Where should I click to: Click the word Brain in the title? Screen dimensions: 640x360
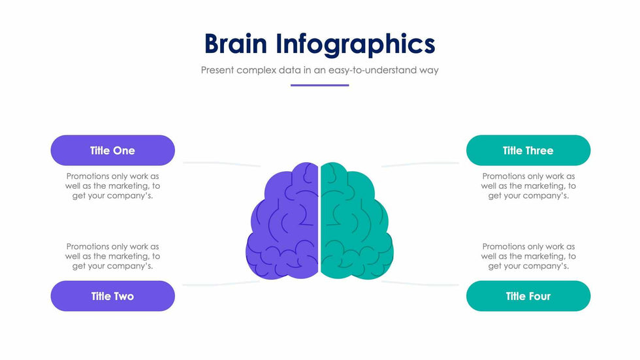click(236, 44)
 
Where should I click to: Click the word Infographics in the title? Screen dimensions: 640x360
click(355, 45)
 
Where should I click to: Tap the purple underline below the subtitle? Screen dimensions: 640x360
click(319, 86)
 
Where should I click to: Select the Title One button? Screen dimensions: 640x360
click(112, 150)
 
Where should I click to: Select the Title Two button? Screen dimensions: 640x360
click(112, 296)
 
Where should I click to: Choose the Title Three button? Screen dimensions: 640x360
click(528, 150)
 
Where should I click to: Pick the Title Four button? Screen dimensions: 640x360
click(528, 296)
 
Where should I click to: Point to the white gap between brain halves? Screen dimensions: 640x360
click(319, 220)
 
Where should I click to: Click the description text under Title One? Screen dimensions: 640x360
click(112, 186)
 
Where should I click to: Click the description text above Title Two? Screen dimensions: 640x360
click(112, 256)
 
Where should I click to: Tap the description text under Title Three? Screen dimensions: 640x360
click(528, 186)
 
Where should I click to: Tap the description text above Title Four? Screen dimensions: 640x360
click(528, 256)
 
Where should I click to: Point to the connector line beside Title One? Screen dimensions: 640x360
click(221, 164)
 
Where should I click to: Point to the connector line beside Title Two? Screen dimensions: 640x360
click(221, 284)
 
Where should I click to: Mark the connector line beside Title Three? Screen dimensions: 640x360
click(420, 164)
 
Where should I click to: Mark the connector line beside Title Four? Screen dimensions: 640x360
click(420, 284)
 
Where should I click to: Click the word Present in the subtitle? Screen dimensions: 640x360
click(217, 70)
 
